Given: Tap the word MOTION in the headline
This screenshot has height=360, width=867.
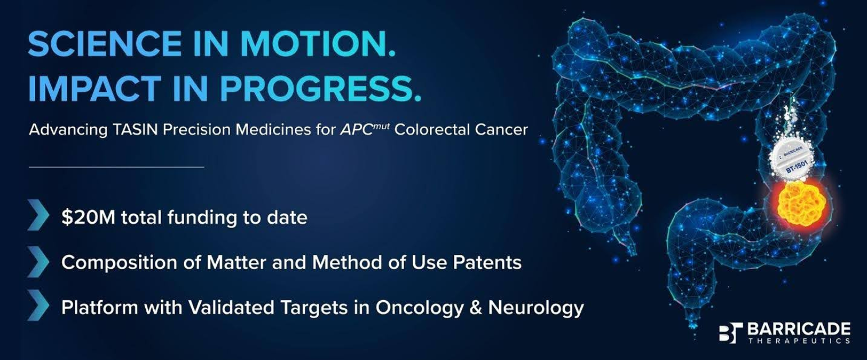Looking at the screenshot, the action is [313, 44].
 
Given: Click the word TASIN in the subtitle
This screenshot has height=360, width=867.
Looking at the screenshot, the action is [136, 130].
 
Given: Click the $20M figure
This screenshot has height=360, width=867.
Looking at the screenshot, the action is [88, 217].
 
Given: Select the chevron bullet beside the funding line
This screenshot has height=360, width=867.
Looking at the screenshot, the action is [38, 215].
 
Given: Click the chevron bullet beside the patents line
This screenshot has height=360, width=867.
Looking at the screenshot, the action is [38, 262].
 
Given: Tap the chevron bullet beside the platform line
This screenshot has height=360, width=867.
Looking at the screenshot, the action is [38, 306].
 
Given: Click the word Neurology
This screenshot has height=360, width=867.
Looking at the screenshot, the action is [536, 308].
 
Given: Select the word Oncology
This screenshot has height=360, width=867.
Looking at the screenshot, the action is [419, 308].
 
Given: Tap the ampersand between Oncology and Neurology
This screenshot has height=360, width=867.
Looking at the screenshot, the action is [476, 308].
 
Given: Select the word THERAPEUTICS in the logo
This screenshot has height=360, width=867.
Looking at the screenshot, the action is [799, 341].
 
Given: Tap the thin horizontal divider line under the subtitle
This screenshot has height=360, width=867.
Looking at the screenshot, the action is [116, 167].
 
